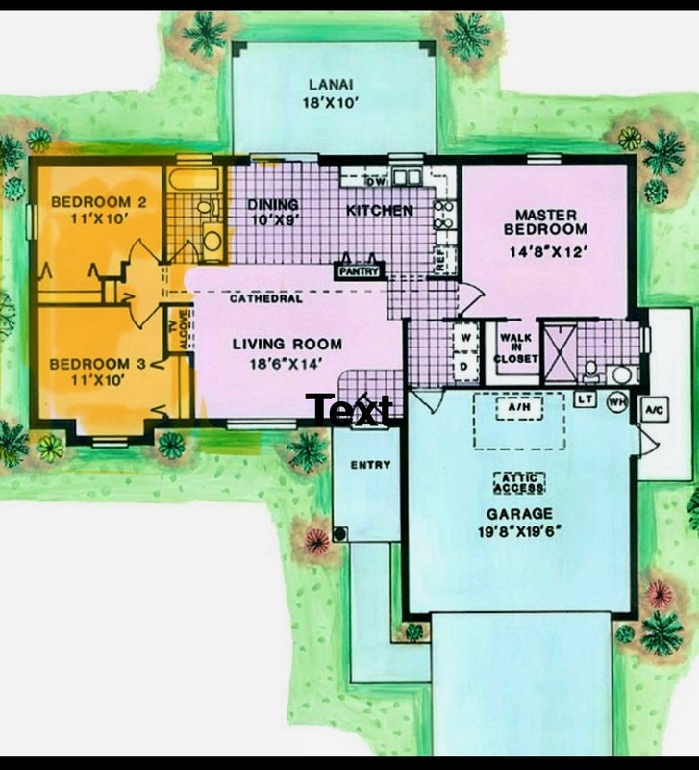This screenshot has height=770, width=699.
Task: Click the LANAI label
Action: click(331, 84)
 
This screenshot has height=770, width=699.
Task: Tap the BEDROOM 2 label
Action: click(99, 202)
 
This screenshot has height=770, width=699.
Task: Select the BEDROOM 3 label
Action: click(98, 364)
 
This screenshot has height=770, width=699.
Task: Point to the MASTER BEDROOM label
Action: click(545, 222)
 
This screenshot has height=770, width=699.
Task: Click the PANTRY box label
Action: click(360, 271)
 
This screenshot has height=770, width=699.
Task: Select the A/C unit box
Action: click(656, 409)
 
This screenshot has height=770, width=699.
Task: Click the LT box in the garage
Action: click(585, 399)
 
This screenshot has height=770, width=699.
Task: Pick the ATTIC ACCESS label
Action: click(519, 482)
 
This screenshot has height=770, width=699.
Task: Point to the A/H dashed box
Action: click(519, 407)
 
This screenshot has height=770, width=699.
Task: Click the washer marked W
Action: click(466, 338)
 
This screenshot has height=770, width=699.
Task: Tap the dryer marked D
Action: click(464, 367)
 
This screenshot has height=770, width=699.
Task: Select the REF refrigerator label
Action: click(440, 259)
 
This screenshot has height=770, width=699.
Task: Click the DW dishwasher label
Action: click(375, 182)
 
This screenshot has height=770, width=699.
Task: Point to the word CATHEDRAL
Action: click(266, 298)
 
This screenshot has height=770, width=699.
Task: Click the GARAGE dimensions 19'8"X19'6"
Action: click(519, 532)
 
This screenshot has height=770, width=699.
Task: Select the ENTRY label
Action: click(371, 465)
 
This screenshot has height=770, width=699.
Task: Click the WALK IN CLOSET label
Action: click(515, 348)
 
